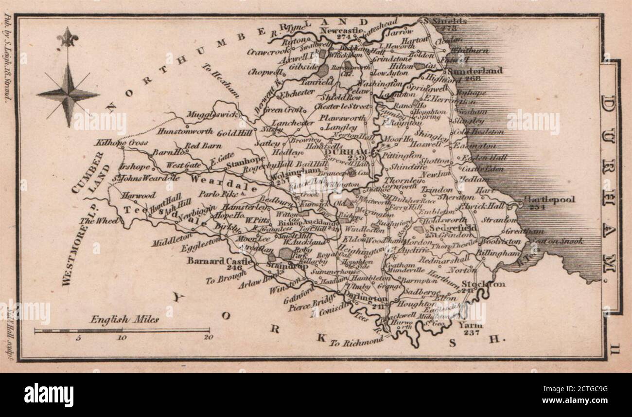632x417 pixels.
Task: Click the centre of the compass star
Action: (68, 94)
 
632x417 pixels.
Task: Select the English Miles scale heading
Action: (124, 320)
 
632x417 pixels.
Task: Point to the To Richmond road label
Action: (356, 342)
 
